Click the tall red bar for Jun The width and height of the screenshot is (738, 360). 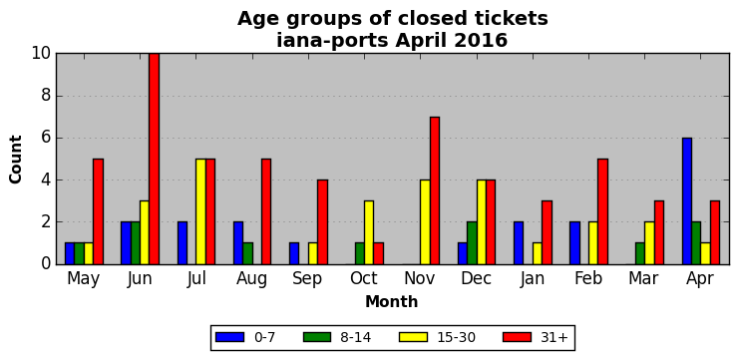point(154,159)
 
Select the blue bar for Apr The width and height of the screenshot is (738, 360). point(687,200)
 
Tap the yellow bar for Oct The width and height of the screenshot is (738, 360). point(369,232)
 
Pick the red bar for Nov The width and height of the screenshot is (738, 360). point(435,190)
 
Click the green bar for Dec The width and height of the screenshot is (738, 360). point(472,243)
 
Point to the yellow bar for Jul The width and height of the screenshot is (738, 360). point(201,211)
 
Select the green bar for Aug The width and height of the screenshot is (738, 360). point(247,253)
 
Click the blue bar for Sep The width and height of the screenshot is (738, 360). point(294,253)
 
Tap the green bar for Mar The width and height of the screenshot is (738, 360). point(640,253)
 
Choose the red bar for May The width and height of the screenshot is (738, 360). point(98,211)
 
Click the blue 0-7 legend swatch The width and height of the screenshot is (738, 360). point(229,337)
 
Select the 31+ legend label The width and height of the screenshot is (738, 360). point(553,337)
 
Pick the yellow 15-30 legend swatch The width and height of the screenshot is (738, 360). point(413,337)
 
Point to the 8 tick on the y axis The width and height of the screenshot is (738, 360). point(57,96)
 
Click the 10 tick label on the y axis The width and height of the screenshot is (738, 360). point(42,54)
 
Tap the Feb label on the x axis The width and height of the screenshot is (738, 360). point(588,278)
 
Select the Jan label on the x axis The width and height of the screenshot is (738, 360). point(533,279)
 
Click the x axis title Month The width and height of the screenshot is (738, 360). point(392,301)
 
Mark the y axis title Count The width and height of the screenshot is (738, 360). point(16,160)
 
